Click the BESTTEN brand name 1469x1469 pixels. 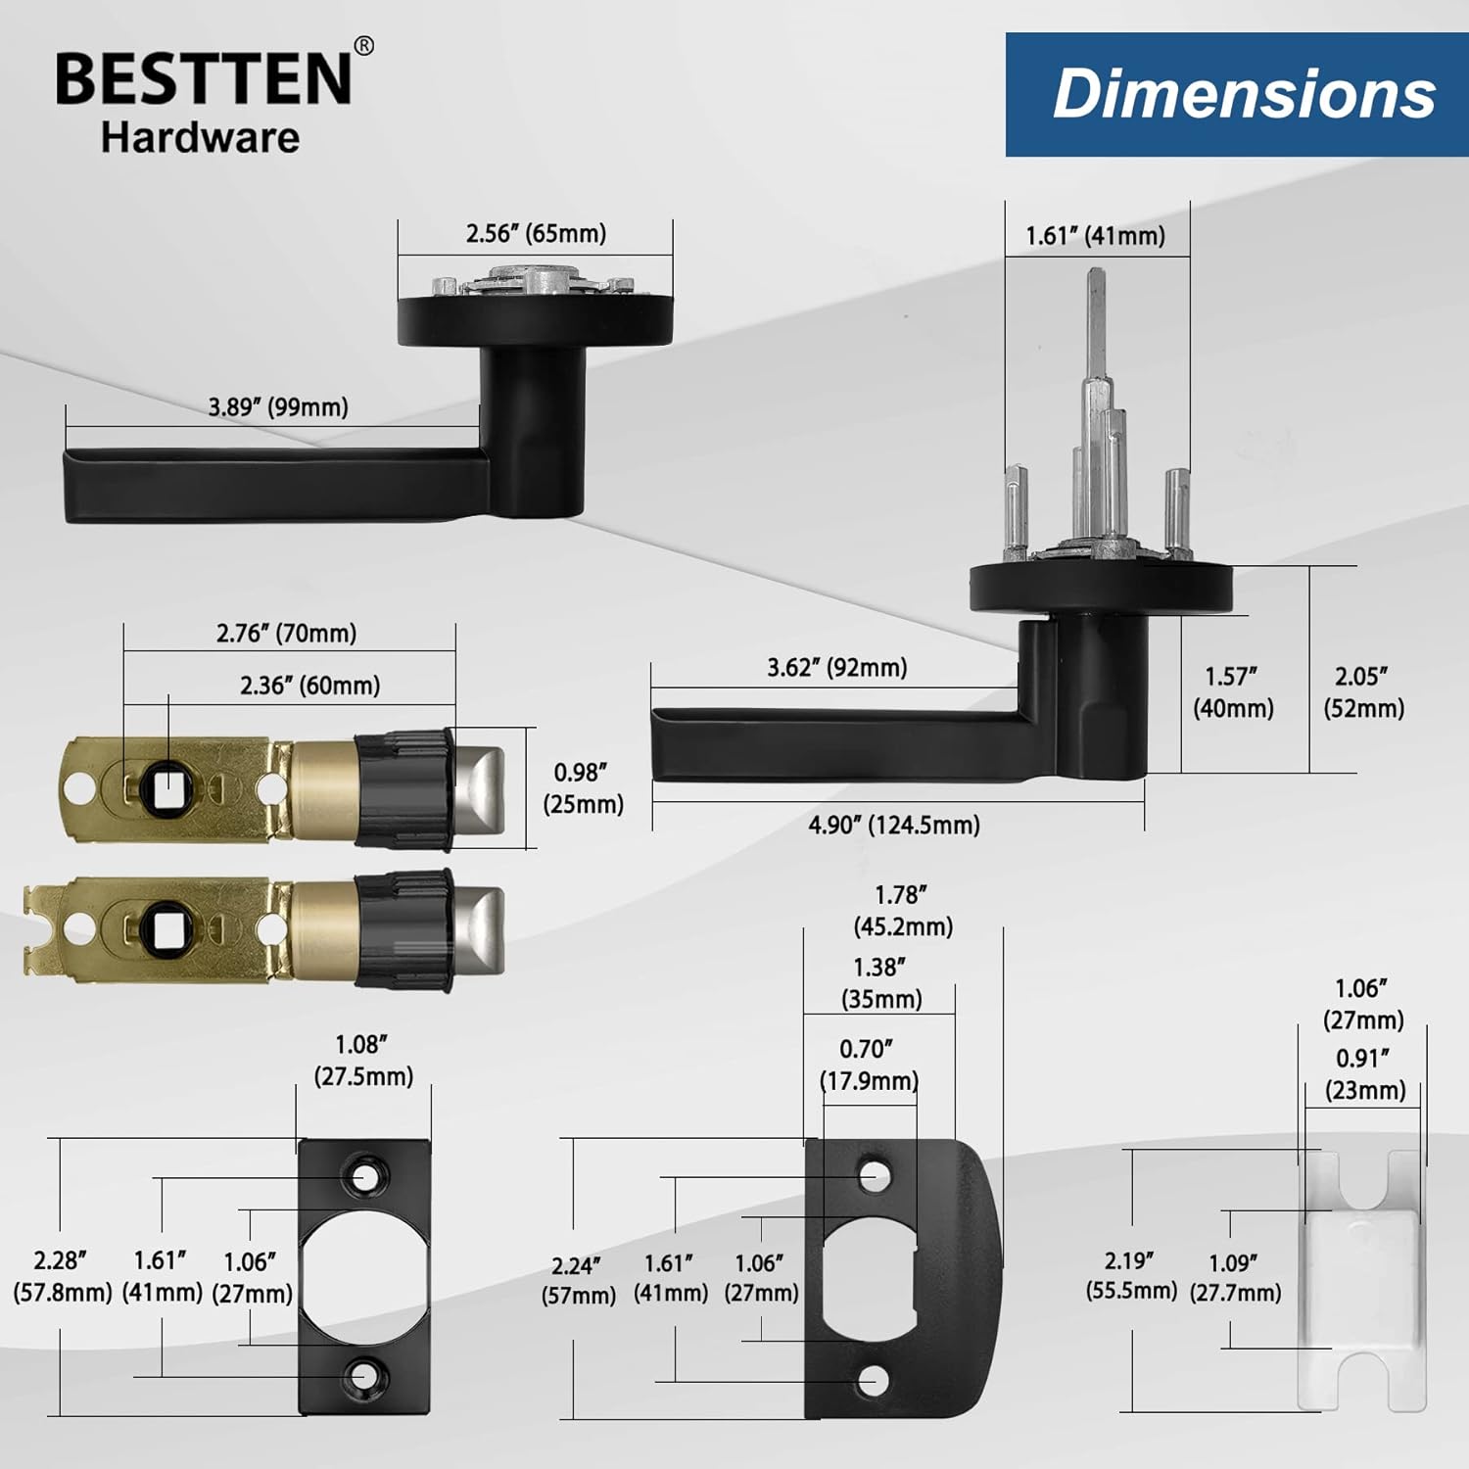click(204, 78)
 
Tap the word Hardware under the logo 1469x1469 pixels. click(200, 137)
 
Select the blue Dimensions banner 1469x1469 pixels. click(1237, 94)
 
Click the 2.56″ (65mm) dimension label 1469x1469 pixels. click(536, 233)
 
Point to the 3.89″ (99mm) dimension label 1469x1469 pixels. click(278, 406)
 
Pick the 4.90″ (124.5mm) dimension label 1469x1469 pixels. click(894, 825)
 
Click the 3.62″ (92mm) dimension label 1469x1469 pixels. click(836, 667)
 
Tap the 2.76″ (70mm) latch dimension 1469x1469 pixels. click(286, 633)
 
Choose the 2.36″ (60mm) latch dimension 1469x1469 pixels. click(310, 686)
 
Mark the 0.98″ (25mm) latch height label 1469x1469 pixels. click(584, 788)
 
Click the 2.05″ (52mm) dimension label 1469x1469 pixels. click(1363, 692)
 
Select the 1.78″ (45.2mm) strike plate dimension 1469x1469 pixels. click(903, 911)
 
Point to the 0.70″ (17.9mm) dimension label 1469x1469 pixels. click(869, 1065)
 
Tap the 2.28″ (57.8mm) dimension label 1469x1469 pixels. click(62, 1276)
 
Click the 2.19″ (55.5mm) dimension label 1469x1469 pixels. click(1131, 1275)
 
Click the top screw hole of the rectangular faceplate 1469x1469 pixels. click(364, 1175)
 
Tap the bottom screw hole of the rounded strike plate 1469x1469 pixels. click(872, 1381)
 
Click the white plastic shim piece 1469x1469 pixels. click(1361, 1281)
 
